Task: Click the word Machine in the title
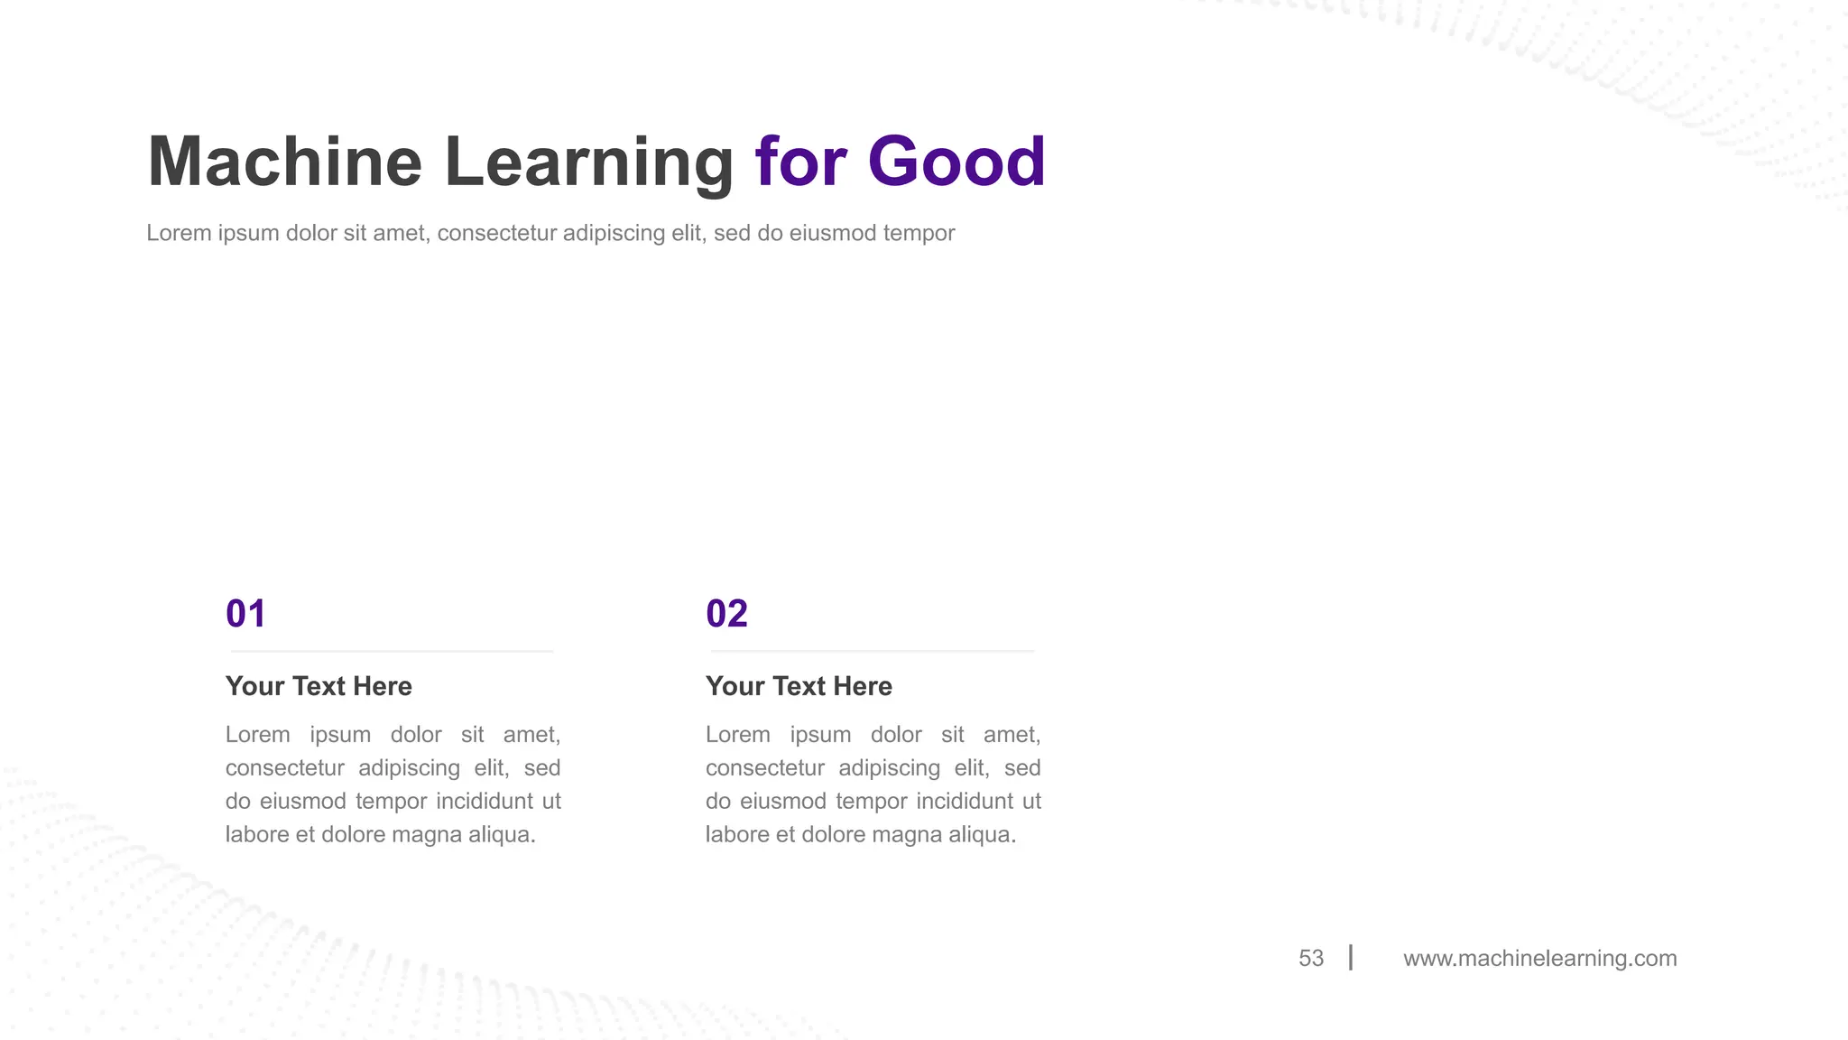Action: [284, 162]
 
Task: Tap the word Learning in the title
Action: [588, 162]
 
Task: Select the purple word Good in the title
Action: [956, 162]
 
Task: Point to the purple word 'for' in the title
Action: [800, 162]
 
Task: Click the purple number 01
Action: [245, 614]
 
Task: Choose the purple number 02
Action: [726, 614]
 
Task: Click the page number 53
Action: [1311, 958]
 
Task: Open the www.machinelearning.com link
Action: [1539, 958]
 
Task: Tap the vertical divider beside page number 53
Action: [1351, 957]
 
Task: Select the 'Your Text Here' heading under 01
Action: [319, 686]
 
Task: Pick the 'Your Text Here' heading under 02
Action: [799, 686]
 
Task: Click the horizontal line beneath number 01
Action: [392, 651]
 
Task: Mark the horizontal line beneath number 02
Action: [872, 651]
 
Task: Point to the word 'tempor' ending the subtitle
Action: [919, 233]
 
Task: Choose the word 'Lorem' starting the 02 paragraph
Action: [737, 735]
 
